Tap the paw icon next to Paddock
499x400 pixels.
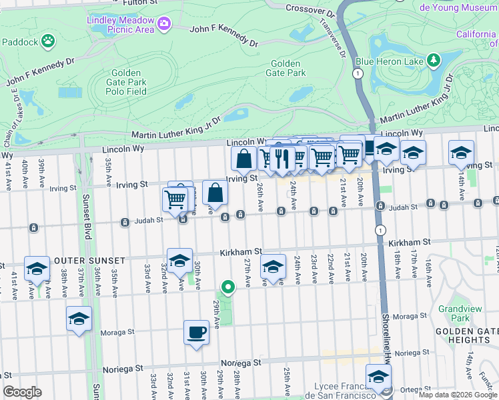point(47,42)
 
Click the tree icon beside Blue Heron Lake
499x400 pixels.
point(434,61)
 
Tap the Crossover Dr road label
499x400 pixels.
point(310,9)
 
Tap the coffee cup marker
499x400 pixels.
point(196,332)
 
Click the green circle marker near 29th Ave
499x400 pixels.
point(227,287)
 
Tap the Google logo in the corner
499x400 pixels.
point(22,392)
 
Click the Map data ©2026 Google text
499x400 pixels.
point(458,395)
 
